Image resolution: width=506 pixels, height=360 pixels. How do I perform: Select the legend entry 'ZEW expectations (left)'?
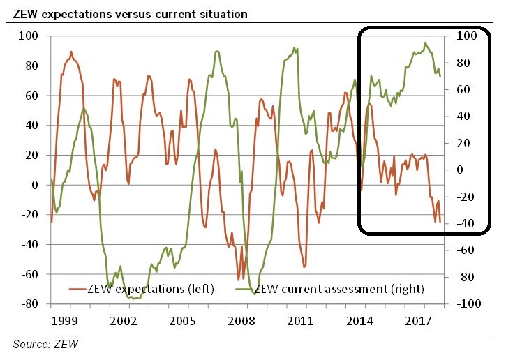tap(149, 287)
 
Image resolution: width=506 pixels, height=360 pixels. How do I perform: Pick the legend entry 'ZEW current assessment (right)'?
tap(338, 287)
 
